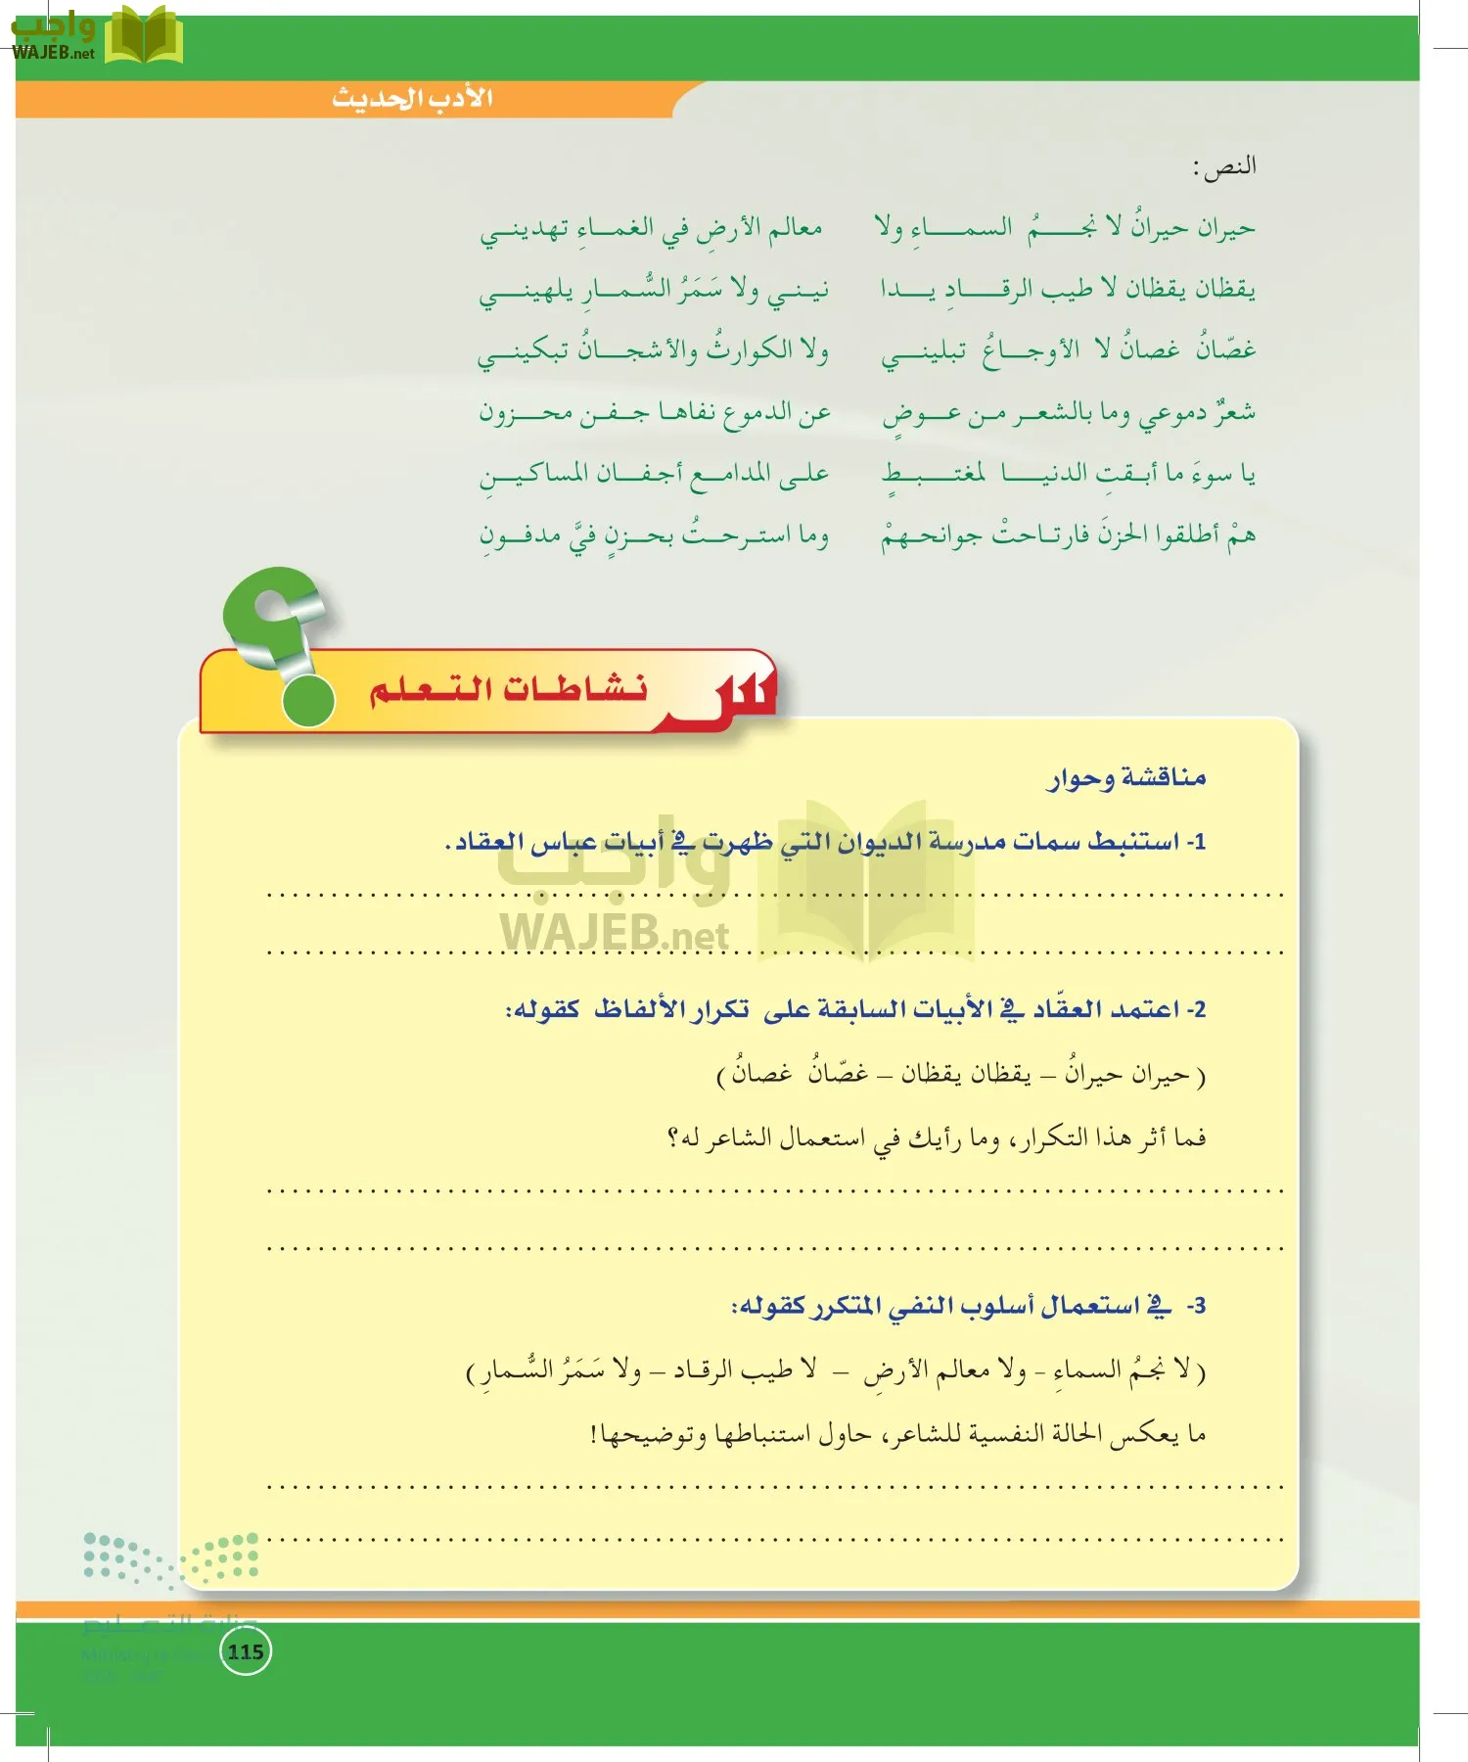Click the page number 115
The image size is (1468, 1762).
coord(245,1651)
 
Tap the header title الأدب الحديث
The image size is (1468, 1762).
coord(412,98)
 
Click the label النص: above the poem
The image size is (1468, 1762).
coord(1224,166)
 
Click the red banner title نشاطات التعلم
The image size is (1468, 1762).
coord(508,689)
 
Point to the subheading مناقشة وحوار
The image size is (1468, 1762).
coord(1127,777)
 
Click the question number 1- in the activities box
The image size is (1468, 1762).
coord(1195,841)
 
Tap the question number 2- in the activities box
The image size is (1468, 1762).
coord(1195,1008)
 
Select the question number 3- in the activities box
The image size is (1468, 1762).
coord(1195,1305)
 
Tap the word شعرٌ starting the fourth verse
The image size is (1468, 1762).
coord(1234,412)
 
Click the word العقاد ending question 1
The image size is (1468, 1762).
coord(484,841)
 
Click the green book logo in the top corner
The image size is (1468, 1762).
coord(144,36)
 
